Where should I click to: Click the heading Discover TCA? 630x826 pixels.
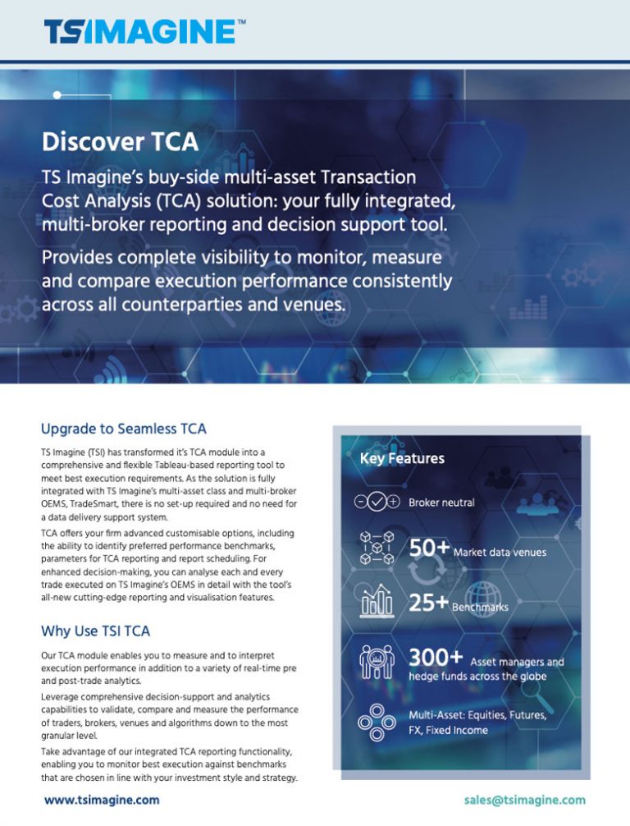coord(120,142)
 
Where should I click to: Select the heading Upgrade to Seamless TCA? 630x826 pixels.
coord(123,429)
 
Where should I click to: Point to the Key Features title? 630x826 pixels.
coord(402,458)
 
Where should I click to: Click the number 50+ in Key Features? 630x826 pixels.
coord(429,548)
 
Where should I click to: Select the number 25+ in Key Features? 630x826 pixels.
coord(429,603)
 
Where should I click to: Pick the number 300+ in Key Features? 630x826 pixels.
coord(436,659)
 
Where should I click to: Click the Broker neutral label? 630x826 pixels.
coord(441,502)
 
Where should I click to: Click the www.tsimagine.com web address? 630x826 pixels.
coord(102,799)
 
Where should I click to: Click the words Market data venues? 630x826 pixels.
coord(500,552)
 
